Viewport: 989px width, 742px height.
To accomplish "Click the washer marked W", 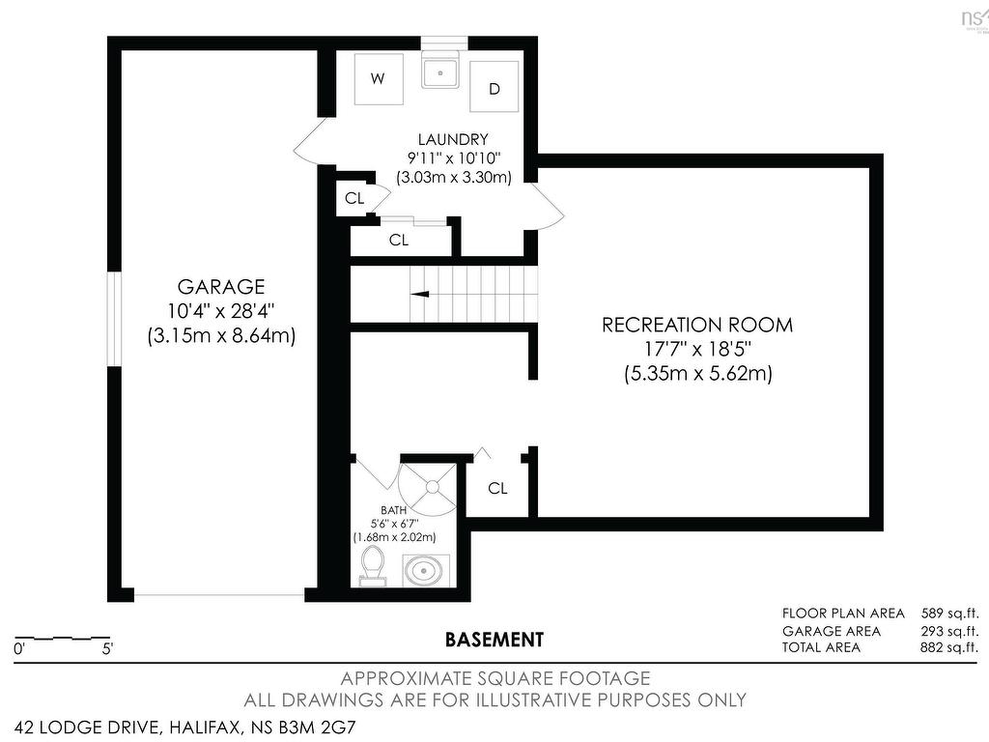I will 378,78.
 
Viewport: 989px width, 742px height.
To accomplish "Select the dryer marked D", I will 494,89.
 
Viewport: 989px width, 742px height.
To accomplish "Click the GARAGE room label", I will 221,287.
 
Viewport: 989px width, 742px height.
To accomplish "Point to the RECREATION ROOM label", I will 697,325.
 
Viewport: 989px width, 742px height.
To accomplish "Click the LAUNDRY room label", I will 453,139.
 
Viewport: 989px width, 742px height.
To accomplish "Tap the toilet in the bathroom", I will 372,566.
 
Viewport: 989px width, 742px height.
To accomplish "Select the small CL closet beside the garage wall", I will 354,199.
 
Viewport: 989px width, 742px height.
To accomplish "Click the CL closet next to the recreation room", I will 497,489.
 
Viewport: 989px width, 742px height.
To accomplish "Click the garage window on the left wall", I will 113,319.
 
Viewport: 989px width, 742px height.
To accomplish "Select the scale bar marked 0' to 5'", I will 62,640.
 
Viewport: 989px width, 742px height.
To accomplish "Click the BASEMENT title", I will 494,640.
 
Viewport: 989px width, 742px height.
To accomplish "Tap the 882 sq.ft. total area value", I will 950,646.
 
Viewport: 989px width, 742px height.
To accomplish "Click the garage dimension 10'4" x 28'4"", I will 221,311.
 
